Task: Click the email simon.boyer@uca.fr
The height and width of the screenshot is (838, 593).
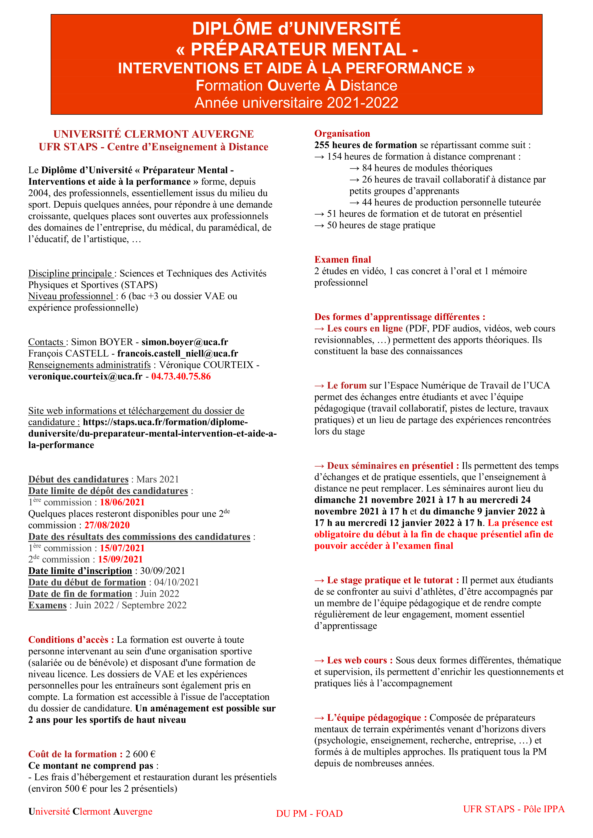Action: point(185,342)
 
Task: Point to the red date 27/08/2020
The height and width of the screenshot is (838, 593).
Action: point(107,525)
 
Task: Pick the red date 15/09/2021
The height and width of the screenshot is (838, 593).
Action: point(120,559)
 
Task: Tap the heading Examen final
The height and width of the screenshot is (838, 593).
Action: point(342,259)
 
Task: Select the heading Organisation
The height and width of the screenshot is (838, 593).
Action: point(342,134)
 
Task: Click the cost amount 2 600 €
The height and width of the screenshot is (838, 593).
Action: point(140,754)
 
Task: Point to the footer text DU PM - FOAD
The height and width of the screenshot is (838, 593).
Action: point(309,814)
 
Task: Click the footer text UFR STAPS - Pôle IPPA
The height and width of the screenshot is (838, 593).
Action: point(514,809)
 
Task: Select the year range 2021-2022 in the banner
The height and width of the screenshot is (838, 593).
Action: point(362,103)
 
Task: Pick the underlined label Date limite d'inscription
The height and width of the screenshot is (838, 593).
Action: point(80,571)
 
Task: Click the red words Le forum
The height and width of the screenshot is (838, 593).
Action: point(346,385)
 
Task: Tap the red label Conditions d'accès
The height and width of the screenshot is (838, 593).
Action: point(71,640)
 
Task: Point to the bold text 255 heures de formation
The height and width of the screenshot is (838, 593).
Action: point(365,145)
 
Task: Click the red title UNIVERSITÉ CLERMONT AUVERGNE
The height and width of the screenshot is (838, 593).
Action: point(154,134)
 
